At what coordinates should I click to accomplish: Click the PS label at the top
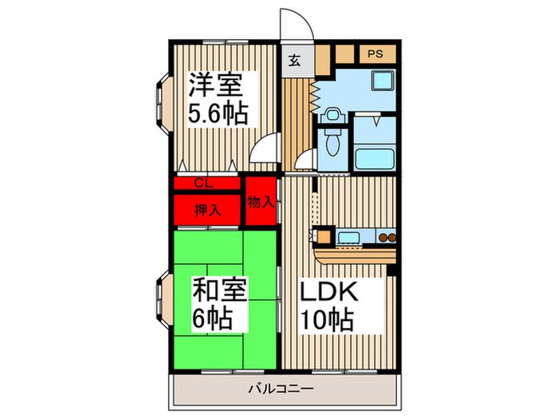click(375, 54)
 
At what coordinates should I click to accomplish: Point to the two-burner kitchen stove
click(386, 237)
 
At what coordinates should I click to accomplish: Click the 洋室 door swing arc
click(265, 152)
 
